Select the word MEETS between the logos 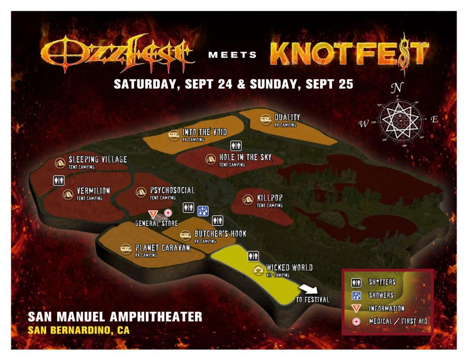pyautogui.click(x=233, y=54)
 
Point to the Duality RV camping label pyautogui.click(x=287, y=118)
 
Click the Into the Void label pyautogui.click(x=204, y=133)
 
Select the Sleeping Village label pyautogui.click(x=98, y=160)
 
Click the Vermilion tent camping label pyautogui.click(x=93, y=191)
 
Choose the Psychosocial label pyautogui.click(x=172, y=190)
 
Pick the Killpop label pyautogui.click(x=270, y=198)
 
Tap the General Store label pyautogui.click(x=157, y=223)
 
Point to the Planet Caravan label pyautogui.click(x=162, y=248)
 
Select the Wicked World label pyautogui.click(x=289, y=268)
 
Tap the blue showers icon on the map pyautogui.click(x=203, y=211)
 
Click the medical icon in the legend pyautogui.click(x=357, y=321)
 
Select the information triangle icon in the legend pyautogui.click(x=357, y=308)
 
